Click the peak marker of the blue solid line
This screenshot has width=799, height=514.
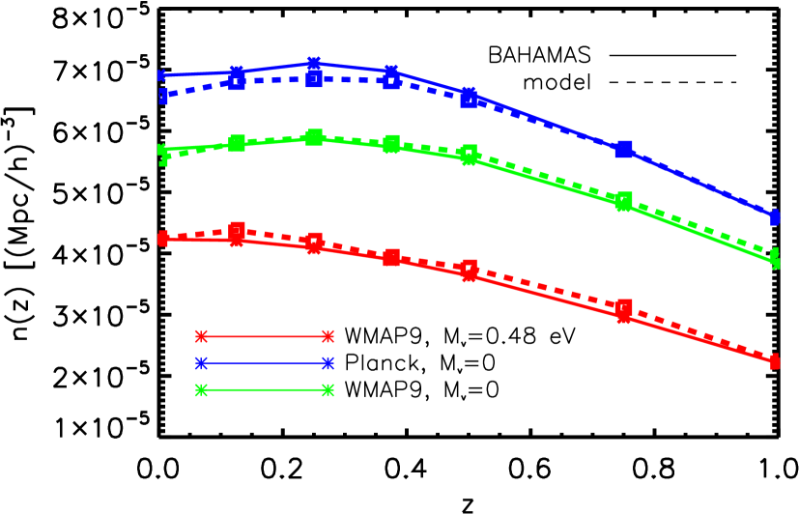tap(314, 64)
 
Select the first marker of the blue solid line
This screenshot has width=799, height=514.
tap(162, 74)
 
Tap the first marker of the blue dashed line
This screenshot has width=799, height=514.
tap(162, 97)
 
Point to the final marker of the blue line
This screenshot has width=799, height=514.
tap(775, 215)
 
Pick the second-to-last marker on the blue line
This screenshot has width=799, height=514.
tap(624, 149)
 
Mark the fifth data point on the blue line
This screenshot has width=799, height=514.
tap(469, 95)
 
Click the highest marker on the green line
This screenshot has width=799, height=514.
tap(314, 137)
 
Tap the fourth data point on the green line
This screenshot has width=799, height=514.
tap(391, 145)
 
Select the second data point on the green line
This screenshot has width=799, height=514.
tap(237, 143)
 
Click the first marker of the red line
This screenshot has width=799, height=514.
tap(162, 239)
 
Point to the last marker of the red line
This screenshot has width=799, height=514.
tap(775, 362)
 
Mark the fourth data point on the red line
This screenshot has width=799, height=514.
tap(391, 257)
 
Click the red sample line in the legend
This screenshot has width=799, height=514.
tap(264, 336)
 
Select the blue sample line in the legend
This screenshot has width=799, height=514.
tap(264, 363)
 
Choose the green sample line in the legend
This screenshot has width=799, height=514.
tap(264, 390)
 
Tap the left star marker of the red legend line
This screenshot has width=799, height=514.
tap(201, 336)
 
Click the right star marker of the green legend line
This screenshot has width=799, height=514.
tap(328, 390)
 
